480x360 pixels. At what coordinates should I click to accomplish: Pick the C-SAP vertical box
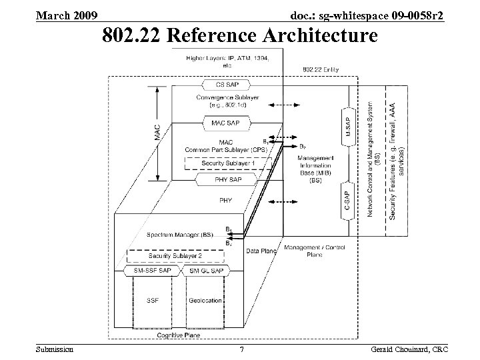click(x=347, y=201)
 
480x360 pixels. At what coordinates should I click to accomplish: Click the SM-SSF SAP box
click(x=156, y=271)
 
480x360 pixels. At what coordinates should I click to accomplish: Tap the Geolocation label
click(x=205, y=301)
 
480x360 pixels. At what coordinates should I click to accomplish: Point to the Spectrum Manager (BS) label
click(x=179, y=235)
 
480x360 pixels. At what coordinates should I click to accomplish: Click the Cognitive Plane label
click(x=178, y=335)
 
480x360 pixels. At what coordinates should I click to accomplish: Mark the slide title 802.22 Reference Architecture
click(x=239, y=35)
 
